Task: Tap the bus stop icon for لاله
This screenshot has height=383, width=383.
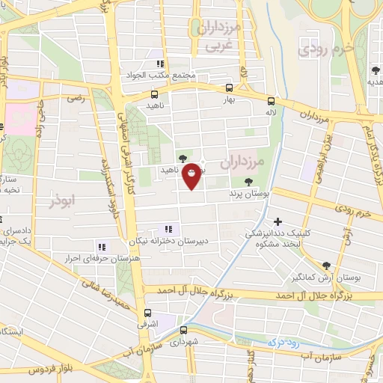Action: click(271, 101)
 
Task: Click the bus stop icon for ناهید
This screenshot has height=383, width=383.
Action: click(155, 95)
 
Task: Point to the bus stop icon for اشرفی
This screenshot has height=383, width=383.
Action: click(147, 313)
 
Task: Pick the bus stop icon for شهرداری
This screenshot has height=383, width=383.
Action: click(184, 328)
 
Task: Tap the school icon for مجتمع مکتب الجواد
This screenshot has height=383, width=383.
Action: click(160, 64)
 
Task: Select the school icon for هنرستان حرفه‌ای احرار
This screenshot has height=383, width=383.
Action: click(101, 246)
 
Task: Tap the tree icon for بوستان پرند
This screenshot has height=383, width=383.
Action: click(248, 182)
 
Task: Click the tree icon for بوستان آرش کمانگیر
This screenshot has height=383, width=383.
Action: click(326, 266)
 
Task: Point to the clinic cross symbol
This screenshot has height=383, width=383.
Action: click(278, 221)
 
